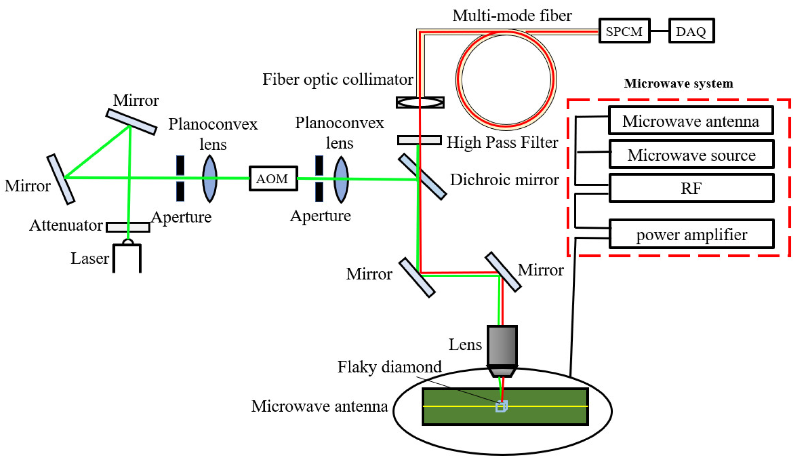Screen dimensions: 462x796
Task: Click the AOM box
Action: pyautogui.click(x=273, y=179)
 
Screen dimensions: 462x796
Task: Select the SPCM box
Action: pyautogui.click(x=624, y=31)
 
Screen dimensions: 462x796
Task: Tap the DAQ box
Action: pyautogui.click(x=691, y=31)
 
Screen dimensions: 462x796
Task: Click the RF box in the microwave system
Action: pyautogui.click(x=691, y=188)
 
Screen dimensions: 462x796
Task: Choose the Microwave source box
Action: pyautogui.click(x=691, y=155)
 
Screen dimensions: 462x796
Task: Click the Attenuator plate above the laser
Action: pyautogui.click(x=128, y=227)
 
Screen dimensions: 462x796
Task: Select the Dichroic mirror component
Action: pyautogui.click(x=422, y=177)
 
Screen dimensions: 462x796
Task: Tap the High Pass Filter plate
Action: pyautogui.click(x=419, y=140)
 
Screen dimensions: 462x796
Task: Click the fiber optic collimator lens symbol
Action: pyautogui.click(x=420, y=102)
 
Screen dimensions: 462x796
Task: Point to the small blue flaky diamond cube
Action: pyautogui.click(x=501, y=407)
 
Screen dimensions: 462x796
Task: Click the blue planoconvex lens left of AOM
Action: pyautogui.click(x=210, y=179)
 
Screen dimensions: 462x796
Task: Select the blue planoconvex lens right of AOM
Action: pyautogui.click(x=341, y=179)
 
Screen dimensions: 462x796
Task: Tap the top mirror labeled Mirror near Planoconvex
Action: pyautogui.click(x=131, y=122)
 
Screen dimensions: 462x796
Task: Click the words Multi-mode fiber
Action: pyautogui.click(x=512, y=16)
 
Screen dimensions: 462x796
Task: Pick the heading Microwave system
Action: pyautogui.click(x=679, y=83)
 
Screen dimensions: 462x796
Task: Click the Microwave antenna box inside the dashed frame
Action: pyautogui.click(x=691, y=121)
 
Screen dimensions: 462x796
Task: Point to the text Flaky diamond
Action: pyautogui.click(x=389, y=367)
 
